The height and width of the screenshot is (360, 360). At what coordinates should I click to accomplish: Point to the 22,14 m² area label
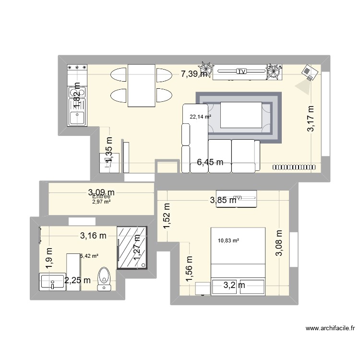(200, 117)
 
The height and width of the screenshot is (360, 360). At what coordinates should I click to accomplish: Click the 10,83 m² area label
(228, 241)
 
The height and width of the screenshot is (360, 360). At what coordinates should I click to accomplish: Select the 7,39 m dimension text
(194, 74)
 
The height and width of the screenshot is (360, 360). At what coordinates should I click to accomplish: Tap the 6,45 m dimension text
(210, 163)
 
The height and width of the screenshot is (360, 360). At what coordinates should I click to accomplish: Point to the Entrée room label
(101, 196)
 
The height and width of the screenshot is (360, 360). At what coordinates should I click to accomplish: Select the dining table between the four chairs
(142, 85)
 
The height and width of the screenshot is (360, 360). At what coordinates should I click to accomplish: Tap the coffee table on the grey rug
(240, 115)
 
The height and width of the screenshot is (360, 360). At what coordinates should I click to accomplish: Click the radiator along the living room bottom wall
(294, 167)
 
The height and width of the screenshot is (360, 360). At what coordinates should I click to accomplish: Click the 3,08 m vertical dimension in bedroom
(279, 243)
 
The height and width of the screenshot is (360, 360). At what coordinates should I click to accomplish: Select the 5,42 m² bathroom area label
(89, 256)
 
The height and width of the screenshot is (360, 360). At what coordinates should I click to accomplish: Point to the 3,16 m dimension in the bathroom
(93, 235)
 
